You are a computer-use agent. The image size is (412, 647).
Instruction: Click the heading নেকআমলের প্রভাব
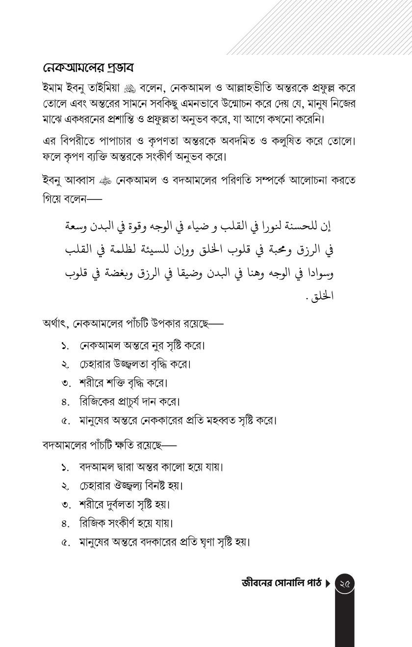coord(88,68)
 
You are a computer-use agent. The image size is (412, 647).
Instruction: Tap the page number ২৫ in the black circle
coord(344,583)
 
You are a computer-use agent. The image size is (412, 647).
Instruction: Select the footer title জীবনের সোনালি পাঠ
coord(282,583)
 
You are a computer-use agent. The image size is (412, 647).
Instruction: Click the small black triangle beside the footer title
coord(328,583)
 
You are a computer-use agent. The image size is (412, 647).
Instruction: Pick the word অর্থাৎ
coord(55,323)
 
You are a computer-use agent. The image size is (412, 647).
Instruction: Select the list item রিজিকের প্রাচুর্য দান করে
coord(129,402)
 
